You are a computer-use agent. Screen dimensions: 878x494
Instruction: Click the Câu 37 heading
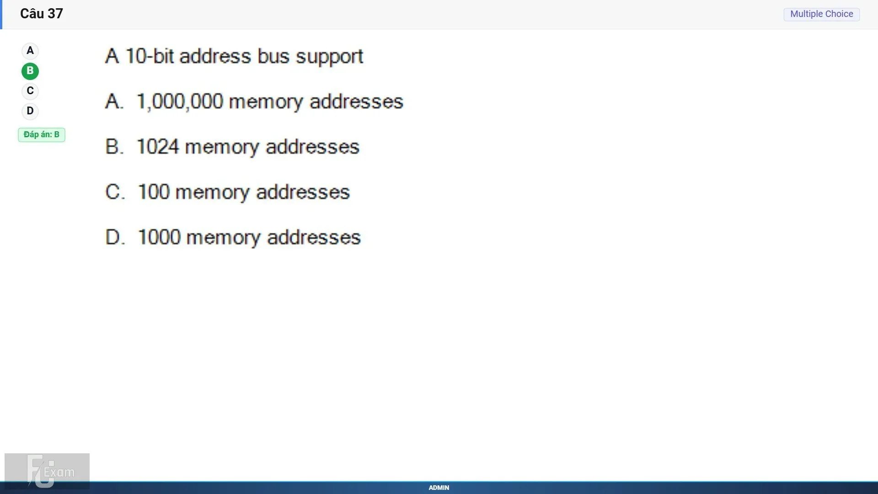[x=42, y=14]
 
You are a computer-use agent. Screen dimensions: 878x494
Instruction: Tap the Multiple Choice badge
[x=822, y=14]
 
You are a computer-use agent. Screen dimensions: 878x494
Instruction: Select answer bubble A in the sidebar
[x=30, y=51]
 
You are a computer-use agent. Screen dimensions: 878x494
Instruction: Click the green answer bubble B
[x=30, y=71]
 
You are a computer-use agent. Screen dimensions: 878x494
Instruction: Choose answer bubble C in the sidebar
[x=30, y=91]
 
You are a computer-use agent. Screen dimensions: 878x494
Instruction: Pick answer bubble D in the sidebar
[x=30, y=111]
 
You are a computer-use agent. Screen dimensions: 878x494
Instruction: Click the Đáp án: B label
[x=42, y=134]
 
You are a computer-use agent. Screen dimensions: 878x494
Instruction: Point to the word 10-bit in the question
[x=150, y=56]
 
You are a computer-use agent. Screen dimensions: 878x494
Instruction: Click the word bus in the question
[x=273, y=56]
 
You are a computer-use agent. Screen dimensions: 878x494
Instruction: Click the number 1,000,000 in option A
[x=180, y=102]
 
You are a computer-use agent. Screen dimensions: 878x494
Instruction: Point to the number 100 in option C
[x=154, y=192]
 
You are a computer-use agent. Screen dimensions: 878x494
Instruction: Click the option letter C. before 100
[x=115, y=192]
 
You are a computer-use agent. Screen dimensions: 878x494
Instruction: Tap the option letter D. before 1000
[x=115, y=237]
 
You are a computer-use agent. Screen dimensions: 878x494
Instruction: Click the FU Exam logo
[x=47, y=471]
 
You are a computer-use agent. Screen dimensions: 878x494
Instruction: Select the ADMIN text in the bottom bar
[x=439, y=488]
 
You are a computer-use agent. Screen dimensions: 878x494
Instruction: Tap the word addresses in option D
[x=314, y=237]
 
